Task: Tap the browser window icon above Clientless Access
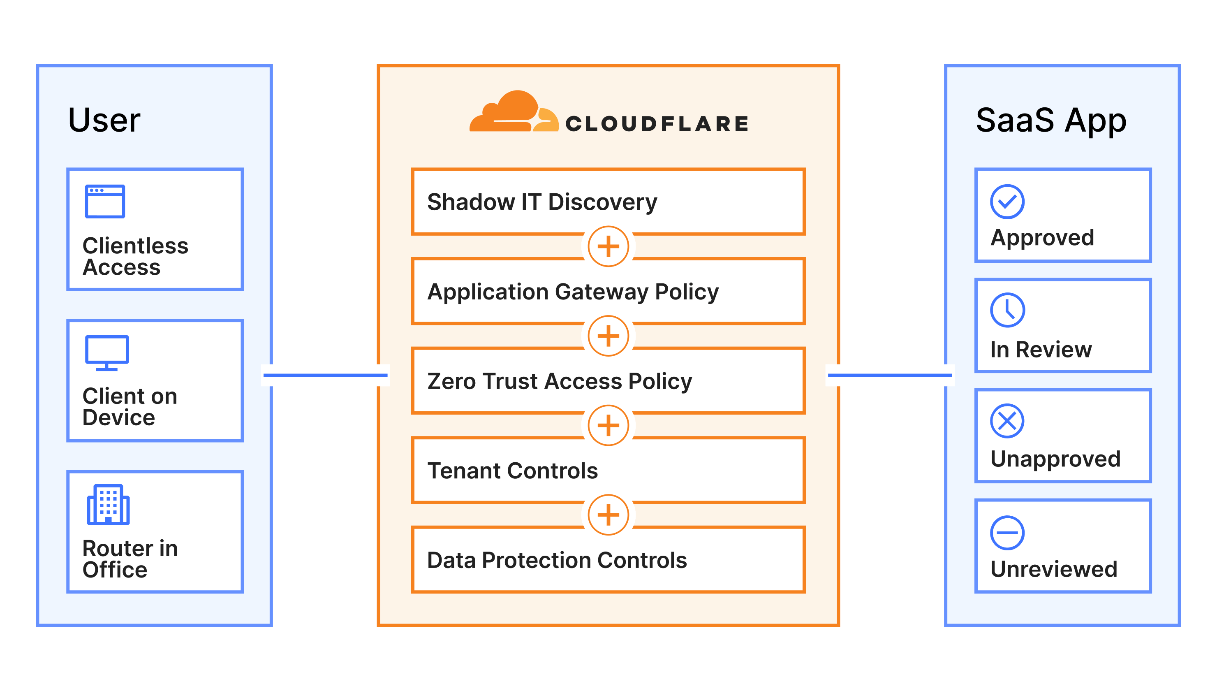pos(105,201)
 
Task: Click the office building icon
pos(108,505)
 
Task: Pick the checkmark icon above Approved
pos(1007,202)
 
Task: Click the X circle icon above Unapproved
pos(1007,421)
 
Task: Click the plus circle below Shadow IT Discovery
pos(608,246)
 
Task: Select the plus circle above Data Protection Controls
pos(608,515)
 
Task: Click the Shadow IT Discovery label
pos(541,202)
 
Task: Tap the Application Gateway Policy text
pos(572,292)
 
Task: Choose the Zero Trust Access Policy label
pos(559,381)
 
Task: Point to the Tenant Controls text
pos(512,471)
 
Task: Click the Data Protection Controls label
pos(557,561)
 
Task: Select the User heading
pos(104,120)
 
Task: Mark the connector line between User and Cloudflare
pos(325,375)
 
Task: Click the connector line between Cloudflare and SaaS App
pos(890,375)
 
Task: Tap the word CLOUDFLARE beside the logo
pos(657,124)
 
